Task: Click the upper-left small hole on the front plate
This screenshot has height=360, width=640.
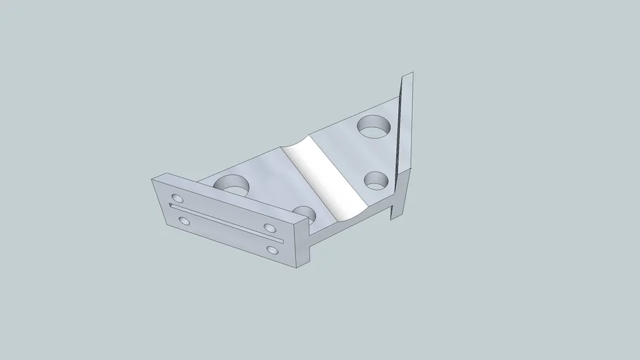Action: click(x=176, y=199)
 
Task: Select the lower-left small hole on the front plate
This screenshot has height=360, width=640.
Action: click(x=184, y=221)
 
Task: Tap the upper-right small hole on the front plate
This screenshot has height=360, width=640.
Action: click(x=269, y=227)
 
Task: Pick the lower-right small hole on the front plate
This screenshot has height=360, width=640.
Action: click(x=272, y=250)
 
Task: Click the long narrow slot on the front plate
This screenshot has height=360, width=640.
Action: click(x=225, y=223)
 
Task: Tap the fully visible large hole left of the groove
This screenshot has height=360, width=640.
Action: click(x=233, y=185)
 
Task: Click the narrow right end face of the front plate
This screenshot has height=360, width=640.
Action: click(x=305, y=243)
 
